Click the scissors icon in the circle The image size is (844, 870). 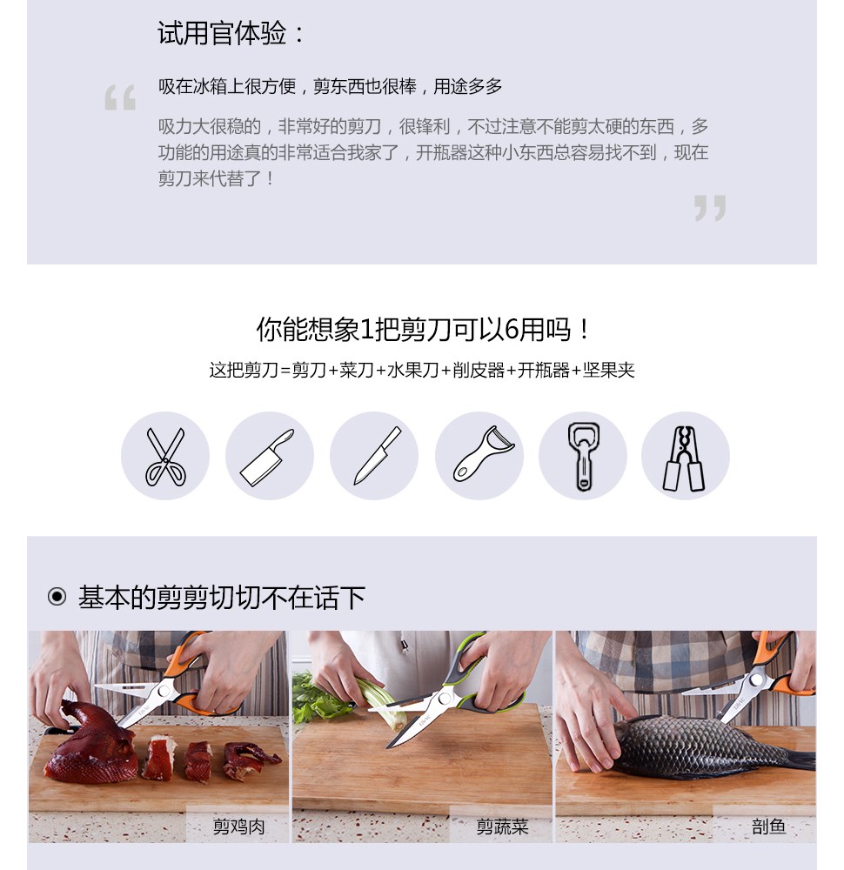[x=164, y=456]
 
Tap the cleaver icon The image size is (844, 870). [x=267, y=458]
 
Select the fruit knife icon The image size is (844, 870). [x=378, y=456]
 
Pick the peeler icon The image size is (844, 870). [x=483, y=454]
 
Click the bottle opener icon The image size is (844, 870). [x=583, y=457]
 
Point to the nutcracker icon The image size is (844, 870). [x=685, y=458]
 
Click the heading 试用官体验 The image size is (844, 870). [x=231, y=33]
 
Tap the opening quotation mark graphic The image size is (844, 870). [x=120, y=97]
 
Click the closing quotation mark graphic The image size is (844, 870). [x=710, y=208]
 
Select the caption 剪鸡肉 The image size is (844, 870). [x=238, y=826]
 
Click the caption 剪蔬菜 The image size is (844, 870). [x=502, y=826]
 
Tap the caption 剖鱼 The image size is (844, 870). [x=768, y=826]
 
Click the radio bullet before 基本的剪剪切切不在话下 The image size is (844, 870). [x=57, y=597]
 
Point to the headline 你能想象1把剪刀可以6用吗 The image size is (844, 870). [x=423, y=330]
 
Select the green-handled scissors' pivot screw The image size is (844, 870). [x=444, y=698]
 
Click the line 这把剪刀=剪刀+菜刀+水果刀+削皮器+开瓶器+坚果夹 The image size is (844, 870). [x=422, y=370]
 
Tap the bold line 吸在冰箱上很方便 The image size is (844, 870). [x=227, y=86]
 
